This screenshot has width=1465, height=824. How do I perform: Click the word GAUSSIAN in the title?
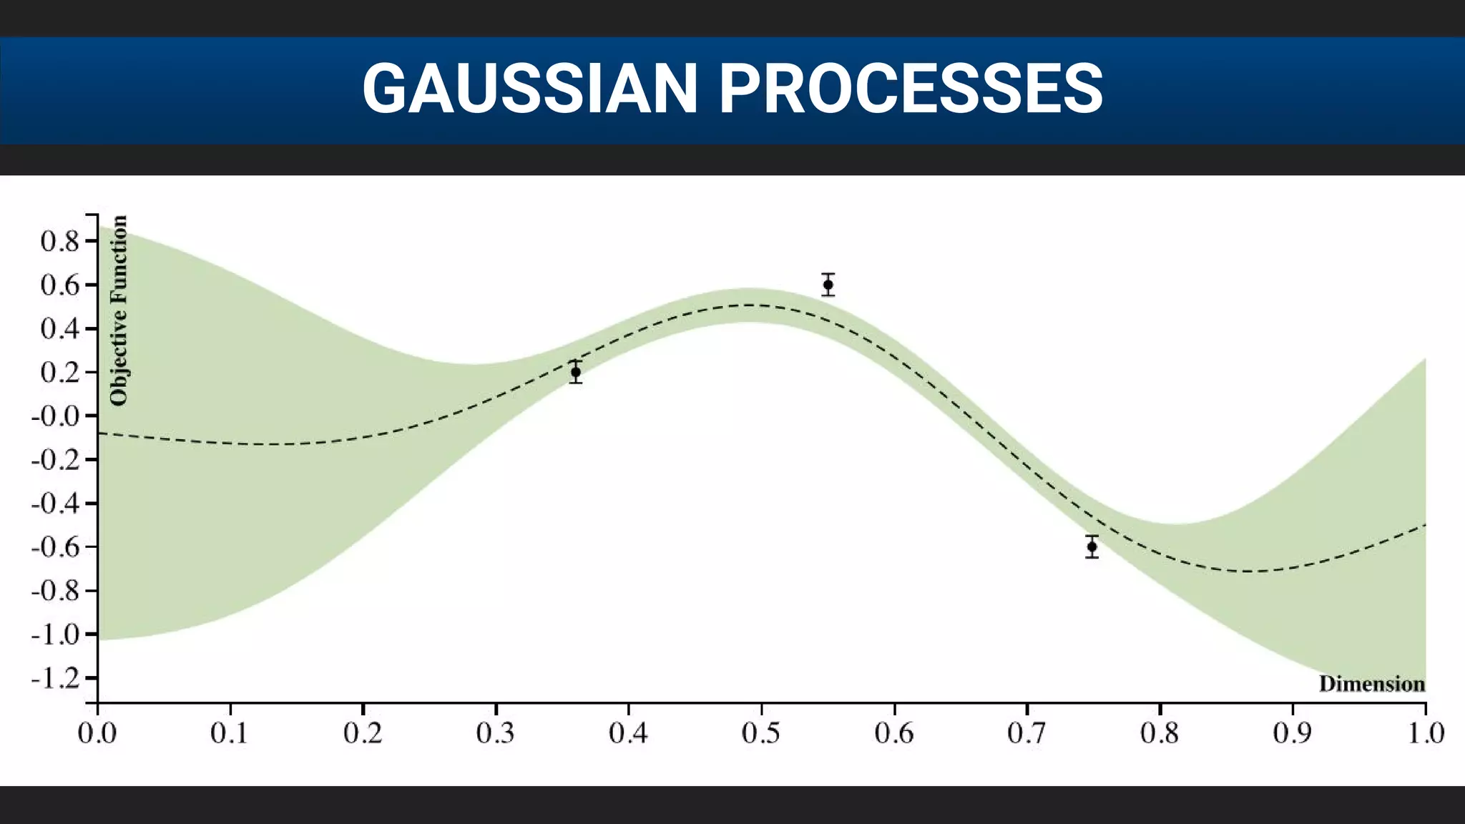click(529, 89)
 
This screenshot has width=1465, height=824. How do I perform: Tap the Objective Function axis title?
click(119, 310)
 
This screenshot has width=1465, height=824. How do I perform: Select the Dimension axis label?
click(1371, 685)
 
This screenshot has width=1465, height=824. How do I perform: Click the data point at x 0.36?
click(576, 372)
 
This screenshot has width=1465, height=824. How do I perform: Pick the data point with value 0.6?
click(828, 285)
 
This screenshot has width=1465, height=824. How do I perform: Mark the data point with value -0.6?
click(1092, 546)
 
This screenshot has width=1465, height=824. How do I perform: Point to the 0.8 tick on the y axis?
click(91, 241)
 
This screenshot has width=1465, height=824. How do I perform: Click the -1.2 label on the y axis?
click(56, 678)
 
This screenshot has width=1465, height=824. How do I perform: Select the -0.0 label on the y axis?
click(56, 416)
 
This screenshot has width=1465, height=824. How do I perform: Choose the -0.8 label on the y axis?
click(56, 591)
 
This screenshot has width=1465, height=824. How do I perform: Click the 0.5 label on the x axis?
click(761, 733)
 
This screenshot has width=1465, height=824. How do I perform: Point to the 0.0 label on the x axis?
click(97, 733)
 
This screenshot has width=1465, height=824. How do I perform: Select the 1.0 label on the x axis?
click(1425, 733)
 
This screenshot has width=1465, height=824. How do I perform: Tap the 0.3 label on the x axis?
click(495, 733)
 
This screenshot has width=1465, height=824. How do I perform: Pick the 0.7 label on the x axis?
click(1027, 733)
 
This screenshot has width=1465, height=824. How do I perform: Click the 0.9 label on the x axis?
click(1292, 733)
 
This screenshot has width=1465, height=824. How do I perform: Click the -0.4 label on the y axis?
click(56, 504)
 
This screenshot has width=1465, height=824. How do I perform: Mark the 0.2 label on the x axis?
click(363, 733)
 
